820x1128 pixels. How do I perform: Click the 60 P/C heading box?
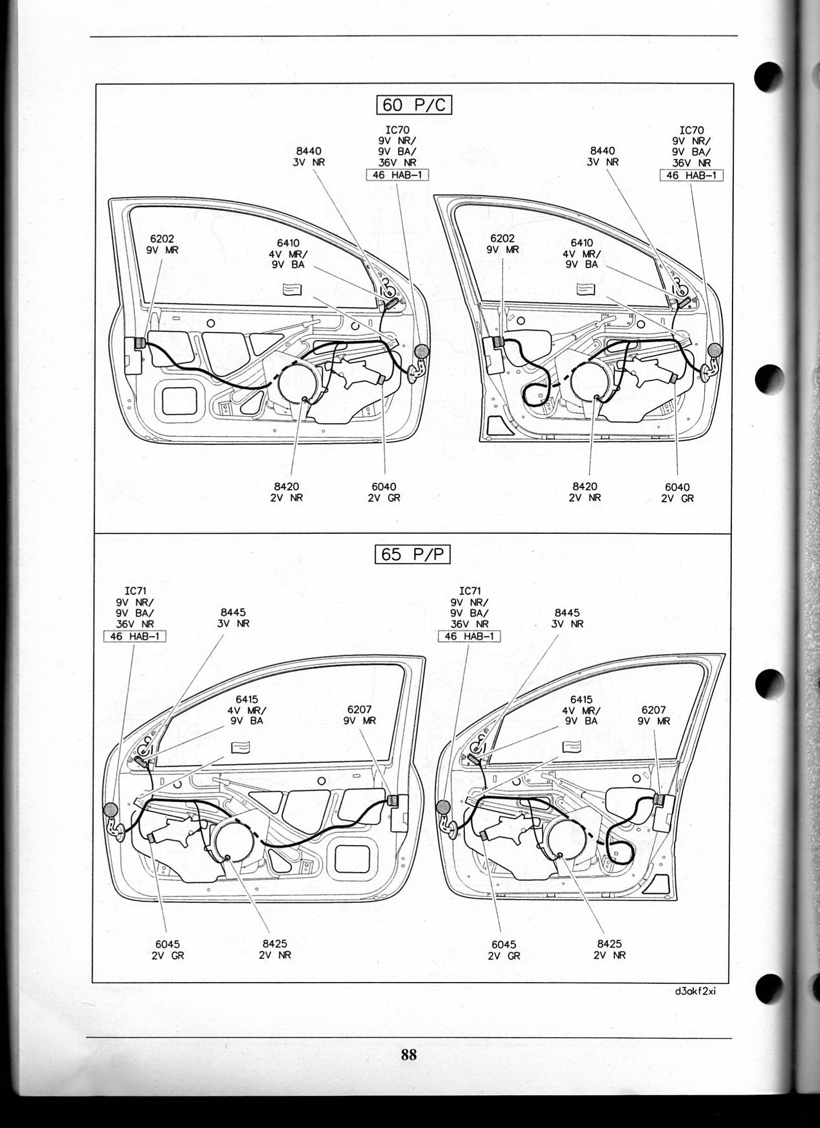tap(414, 104)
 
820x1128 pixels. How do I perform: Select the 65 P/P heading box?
tap(412, 554)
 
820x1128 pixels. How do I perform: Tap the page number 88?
tap(408, 1054)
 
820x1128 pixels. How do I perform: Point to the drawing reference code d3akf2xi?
tap(696, 990)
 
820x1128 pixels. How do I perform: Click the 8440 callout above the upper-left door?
tap(309, 157)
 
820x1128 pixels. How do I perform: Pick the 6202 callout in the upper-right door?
tap(502, 244)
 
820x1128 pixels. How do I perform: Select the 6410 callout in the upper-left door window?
tap(287, 253)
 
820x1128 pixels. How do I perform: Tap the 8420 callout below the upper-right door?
tap(585, 492)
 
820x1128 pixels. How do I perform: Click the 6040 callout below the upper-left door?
tap(384, 492)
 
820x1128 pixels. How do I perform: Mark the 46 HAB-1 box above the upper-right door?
tap(691, 175)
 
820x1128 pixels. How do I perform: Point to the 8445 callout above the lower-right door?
tap(567, 618)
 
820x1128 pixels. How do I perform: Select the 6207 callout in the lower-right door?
tap(653, 715)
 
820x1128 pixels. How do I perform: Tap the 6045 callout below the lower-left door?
tap(167, 950)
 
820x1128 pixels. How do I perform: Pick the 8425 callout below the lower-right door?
tap(609, 949)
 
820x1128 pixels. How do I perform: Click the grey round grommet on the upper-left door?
tap(421, 351)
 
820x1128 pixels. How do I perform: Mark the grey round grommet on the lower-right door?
tap(442, 808)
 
